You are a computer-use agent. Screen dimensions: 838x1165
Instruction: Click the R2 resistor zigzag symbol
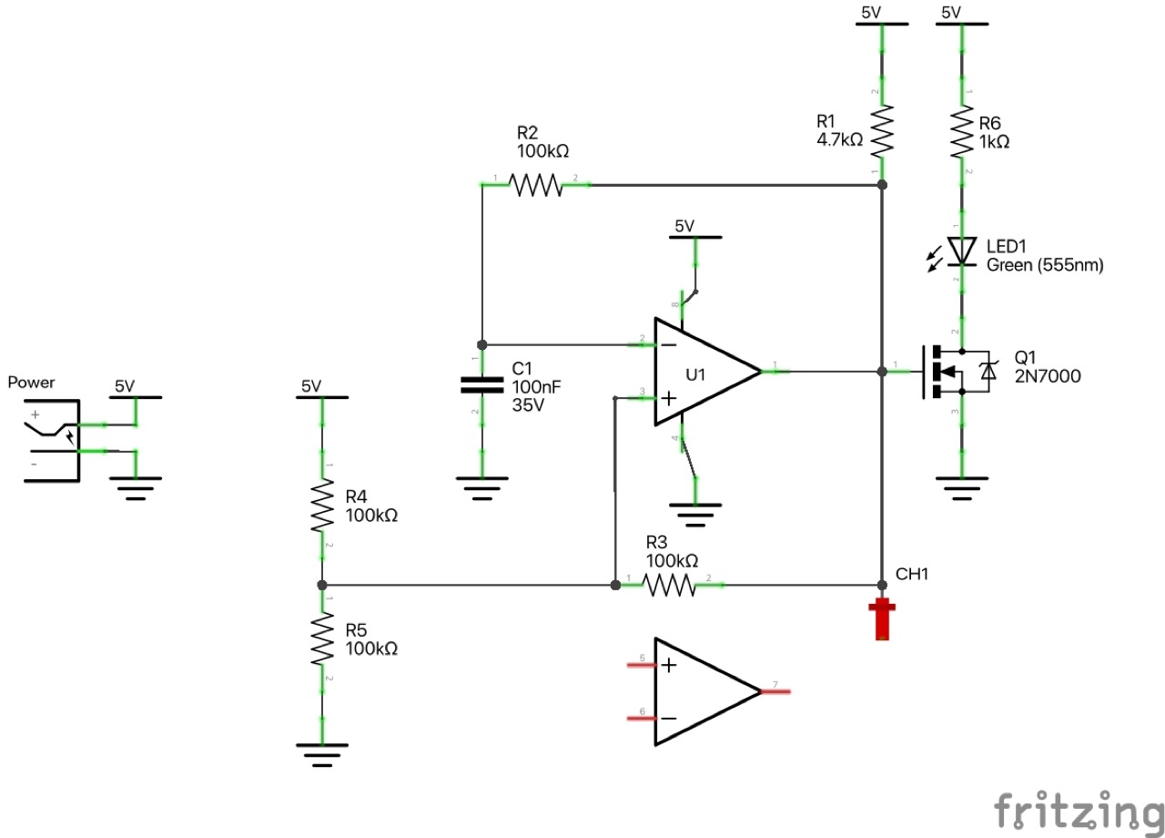coord(536,185)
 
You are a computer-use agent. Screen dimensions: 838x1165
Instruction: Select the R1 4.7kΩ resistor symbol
coord(881,132)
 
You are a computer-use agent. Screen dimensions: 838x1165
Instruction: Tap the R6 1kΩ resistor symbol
coord(962,132)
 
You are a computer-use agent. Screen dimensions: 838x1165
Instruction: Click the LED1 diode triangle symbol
coord(961,250)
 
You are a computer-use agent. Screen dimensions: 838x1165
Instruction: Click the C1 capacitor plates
coord(481,384)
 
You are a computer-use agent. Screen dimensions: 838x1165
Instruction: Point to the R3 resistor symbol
coord(669,584)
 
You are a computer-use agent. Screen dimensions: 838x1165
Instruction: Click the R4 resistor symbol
coord(321,506)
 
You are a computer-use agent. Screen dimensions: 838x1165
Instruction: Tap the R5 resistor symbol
coord(321,639)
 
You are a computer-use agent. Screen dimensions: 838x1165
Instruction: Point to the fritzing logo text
coord(1078,810)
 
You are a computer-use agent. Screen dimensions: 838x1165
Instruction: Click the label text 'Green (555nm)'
coord(1045,266)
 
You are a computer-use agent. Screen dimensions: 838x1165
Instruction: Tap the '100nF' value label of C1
coord(537,387)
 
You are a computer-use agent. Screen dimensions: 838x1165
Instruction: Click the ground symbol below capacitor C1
coord(481,486)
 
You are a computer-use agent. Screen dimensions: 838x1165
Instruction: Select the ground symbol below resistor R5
coord(321,754)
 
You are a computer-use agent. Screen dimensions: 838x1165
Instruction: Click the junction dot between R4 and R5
coord(321,585)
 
